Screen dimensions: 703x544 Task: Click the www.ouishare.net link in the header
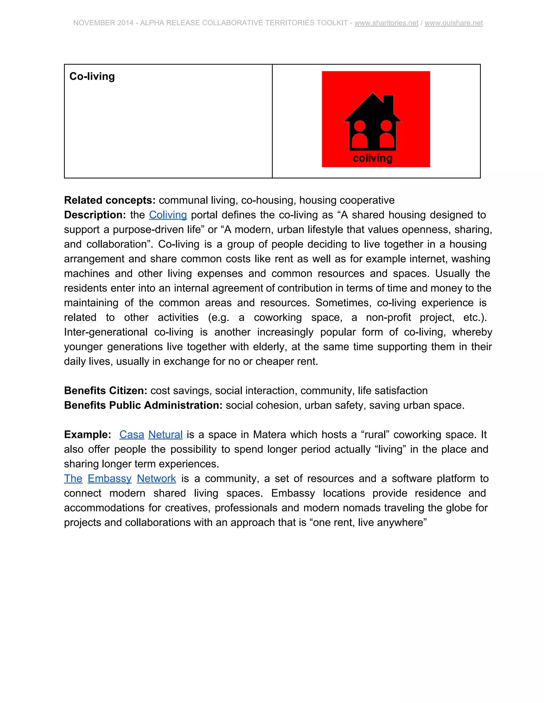(x=453, y=23)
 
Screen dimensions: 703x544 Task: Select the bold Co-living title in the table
(x=92, y=76)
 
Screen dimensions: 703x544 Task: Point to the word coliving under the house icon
(x=373, y=158)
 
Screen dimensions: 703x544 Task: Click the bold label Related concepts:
(x=110, y=200)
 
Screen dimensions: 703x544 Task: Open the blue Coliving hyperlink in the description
(x=168, y=215)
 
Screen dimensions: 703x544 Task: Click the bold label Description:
(x=95, y=215)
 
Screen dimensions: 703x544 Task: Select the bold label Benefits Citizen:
(x=106, y=390)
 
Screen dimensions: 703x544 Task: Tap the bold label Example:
(x=88, y=434)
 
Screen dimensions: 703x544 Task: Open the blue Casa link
(x=131, y=434)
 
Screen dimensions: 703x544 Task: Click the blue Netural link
(x=165, y=434)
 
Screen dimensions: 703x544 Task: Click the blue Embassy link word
(x=110, y=478)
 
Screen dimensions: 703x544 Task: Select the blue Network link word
(x=156, y=478)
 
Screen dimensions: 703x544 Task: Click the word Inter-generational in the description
(x=106, y=332)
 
